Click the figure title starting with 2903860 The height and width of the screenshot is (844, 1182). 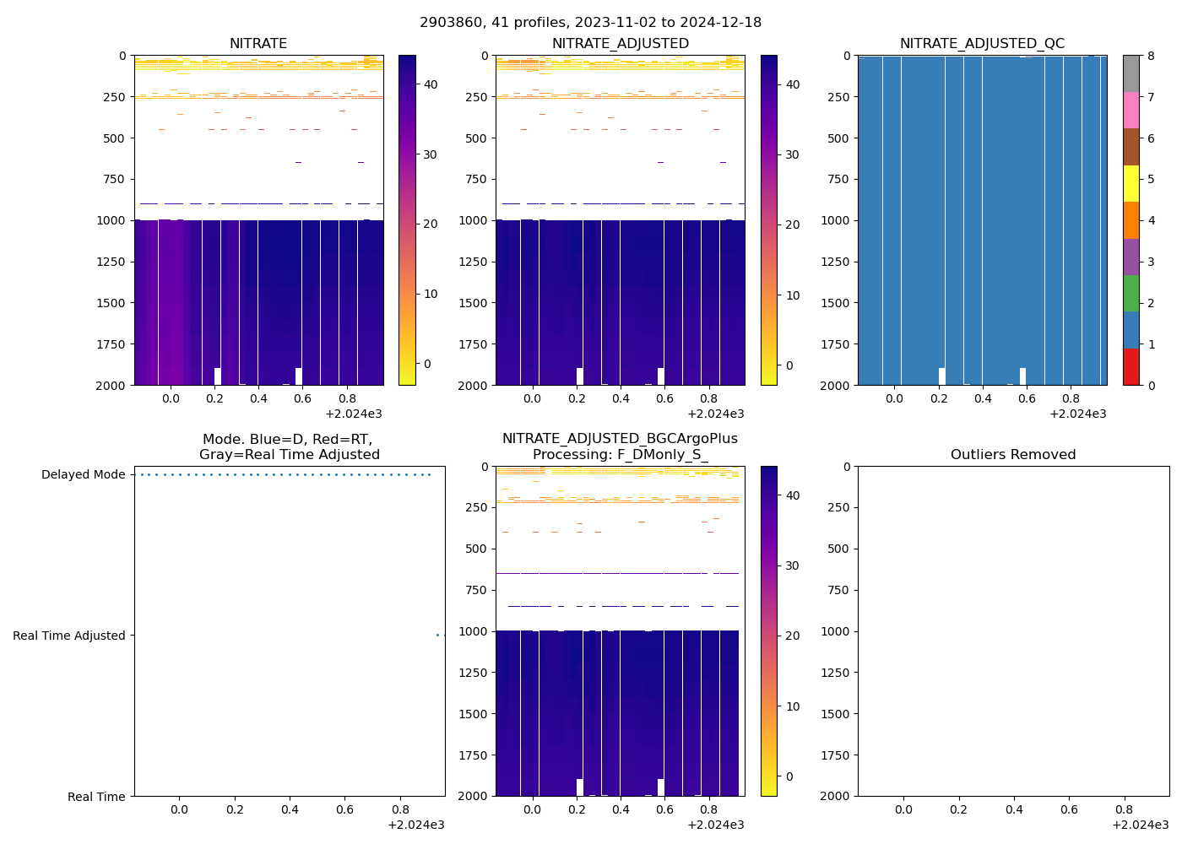tap(590, 23)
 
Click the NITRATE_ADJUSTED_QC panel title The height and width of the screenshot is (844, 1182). tap(982, 44)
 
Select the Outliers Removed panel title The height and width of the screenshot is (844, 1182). tap(1013, 455)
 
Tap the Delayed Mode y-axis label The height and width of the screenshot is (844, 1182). tap(83, 475)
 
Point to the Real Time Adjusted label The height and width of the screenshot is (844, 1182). tap(68, 636)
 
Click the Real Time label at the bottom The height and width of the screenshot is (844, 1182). tap(96, 797)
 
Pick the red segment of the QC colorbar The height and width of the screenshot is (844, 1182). tap(1130, 367)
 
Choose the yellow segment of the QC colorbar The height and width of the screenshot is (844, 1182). tap(1130, 184)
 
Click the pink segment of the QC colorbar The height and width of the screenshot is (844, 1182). tap(1130, 111)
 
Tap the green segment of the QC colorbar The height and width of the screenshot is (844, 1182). tap(1130, 294)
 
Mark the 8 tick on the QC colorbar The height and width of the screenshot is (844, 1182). tap(1150, 57)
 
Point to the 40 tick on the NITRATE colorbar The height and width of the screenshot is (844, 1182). tap(430, 84)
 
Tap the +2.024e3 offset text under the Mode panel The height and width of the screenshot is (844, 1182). tap(415, 825)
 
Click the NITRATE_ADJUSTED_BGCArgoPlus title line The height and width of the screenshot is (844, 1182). tap(620, 440)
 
